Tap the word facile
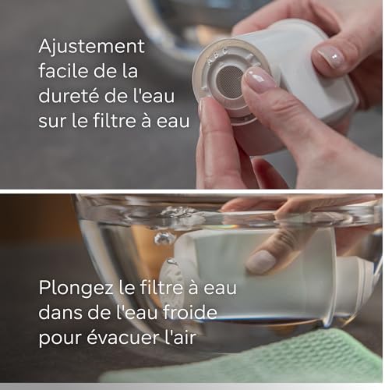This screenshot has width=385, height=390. click(62, 71)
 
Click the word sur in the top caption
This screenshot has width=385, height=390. click(52, 122)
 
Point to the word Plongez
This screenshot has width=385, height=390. click(76, 289)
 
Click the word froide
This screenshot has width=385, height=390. click(190, 312)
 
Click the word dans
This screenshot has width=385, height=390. click(61, 312)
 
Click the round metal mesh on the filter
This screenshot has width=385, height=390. click(229, 82)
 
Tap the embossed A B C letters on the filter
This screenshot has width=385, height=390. click(217, 55)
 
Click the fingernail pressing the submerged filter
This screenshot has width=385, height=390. click(260, 261)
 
